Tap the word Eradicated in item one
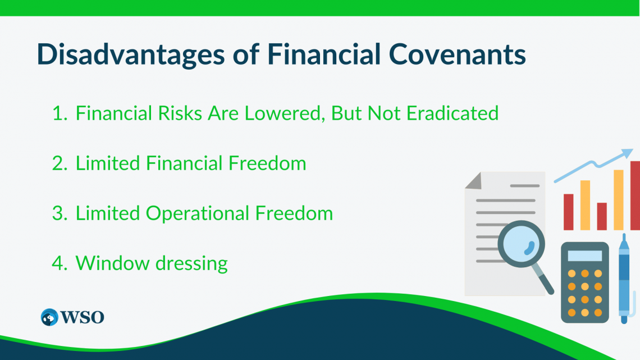452,113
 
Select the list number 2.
59,163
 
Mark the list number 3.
59,213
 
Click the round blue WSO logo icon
49,317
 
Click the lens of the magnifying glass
522,244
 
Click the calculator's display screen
584,256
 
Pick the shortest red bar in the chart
602,216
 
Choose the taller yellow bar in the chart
619,199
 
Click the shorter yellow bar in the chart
585,205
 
